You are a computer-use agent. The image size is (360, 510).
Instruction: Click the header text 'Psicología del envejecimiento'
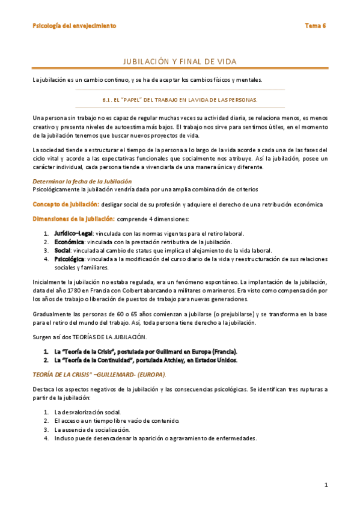[x=75, y=26]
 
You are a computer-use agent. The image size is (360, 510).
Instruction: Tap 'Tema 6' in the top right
[x=315, y=26]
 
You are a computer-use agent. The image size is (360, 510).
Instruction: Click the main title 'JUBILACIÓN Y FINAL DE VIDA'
[x=180, y=61]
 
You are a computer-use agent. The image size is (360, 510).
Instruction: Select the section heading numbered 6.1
[x=180, y=99]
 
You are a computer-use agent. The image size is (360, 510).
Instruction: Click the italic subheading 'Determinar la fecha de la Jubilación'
[x=82, y=181]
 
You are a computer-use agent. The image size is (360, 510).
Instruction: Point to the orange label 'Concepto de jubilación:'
[x=66, y=204]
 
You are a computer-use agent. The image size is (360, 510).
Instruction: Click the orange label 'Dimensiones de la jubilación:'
[x=73, y=219]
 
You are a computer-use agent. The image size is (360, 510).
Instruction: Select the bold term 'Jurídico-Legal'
[x=73, y=233]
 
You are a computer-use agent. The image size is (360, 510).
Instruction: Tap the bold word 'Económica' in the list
[x=69, y=242]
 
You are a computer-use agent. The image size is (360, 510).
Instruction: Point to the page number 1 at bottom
[x=326, y=485]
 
